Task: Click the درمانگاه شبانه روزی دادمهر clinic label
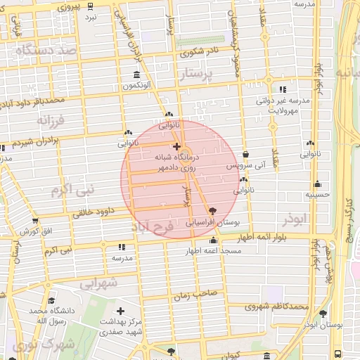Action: (176, 164)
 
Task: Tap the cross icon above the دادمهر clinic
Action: (176, 146)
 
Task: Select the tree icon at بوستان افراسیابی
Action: (212, 210)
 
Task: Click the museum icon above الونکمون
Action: (136, 75)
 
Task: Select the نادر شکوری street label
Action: (200, 51)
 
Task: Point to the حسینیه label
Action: (318, 195)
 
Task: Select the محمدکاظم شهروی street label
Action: (278, 307)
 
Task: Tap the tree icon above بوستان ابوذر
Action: (323, 314)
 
